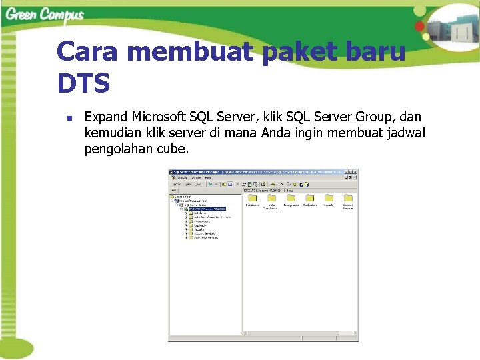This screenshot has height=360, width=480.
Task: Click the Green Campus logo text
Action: [x=45, y=14]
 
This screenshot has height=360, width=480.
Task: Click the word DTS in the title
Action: [x=83, y=84]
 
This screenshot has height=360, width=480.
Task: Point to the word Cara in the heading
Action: [x=88, y=51]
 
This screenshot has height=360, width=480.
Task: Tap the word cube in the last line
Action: [x=172, y=149]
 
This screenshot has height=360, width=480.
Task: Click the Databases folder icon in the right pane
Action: [x=252, y=197]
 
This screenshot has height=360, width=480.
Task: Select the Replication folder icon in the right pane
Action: [x=309, y=197]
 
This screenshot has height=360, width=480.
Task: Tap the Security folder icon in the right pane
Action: [x=328, y=197]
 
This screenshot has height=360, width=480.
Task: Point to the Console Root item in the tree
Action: [x=183, y=197]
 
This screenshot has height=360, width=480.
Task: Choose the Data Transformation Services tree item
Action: [x=212, y=217]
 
